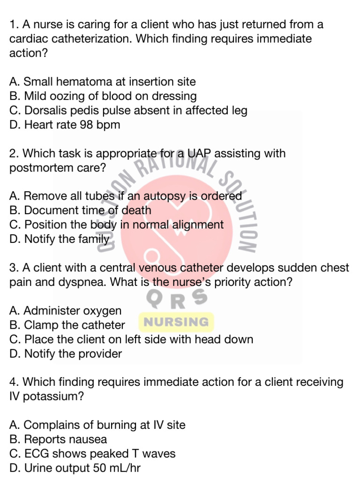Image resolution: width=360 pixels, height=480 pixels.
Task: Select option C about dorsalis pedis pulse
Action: click(x=128, y=111)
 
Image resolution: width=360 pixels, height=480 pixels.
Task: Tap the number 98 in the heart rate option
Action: click(x=86, y=125)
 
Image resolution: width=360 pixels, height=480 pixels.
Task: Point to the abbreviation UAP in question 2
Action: click(x=199, y=153)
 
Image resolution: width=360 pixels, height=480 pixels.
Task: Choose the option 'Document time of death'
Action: click(x=80, y=210)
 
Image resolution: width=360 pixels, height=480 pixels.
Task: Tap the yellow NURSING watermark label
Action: click(x=176, y=322)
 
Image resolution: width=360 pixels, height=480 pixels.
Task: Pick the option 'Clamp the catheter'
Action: click(x=67, y=325)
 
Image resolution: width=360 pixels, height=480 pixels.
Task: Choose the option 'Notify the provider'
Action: click(x=66, y=354)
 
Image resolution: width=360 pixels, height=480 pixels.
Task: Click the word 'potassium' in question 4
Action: click(x=53, y=397)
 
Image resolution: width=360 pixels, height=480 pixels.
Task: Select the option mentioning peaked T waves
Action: click(x=92, y=454)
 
